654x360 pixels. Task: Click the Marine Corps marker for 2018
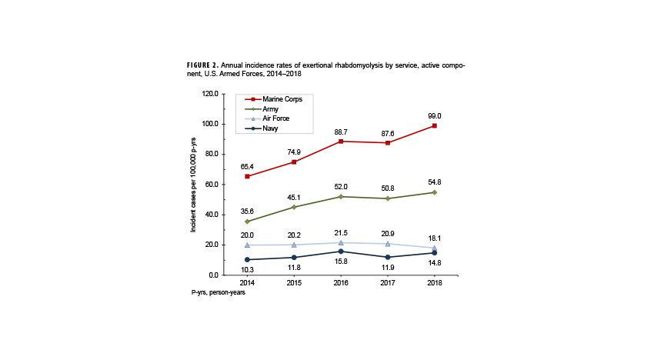[x=435, y=125]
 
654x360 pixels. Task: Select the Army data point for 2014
[x=247, y=222]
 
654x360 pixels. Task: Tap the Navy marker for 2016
[x=341, y=252]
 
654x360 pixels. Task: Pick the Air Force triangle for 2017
[x=388, y=244]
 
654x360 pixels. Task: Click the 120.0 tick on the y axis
[x=209, y=94]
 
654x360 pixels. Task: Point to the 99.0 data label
[x=435, y=115]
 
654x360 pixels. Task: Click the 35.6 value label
[x=247, y=211]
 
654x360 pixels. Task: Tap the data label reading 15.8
[x=341, y=262]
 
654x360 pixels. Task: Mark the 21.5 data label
[x=341, y=232]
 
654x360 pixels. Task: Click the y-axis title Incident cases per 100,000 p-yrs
[x=194, y=185]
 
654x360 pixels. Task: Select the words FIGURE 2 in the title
[x=204, y=65]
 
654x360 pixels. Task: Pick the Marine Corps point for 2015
[x=294, y=162]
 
